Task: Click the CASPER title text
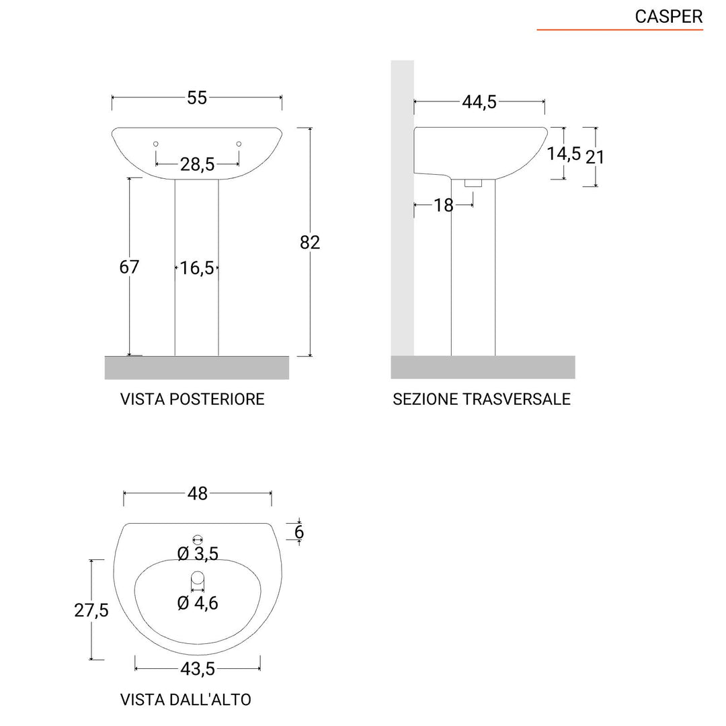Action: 668,17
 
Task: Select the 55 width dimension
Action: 196,97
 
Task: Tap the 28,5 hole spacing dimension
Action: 197,163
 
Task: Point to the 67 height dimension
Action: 129,267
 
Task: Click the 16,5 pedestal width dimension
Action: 196,268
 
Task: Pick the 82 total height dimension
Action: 310,243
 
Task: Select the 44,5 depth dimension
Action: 479,102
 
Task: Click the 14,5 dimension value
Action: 563,153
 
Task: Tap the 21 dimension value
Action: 595,157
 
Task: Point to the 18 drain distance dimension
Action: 444,205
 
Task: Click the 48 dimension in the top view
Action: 198,493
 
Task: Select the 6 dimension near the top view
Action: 299,532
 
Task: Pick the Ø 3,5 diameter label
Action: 198,554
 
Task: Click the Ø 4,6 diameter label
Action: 198,603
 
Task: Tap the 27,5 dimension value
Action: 91,610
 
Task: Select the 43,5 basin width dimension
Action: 198,669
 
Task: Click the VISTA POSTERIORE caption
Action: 192,399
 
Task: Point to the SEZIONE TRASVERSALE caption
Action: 481,399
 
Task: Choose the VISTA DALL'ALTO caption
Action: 186,699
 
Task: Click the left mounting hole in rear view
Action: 156,144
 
